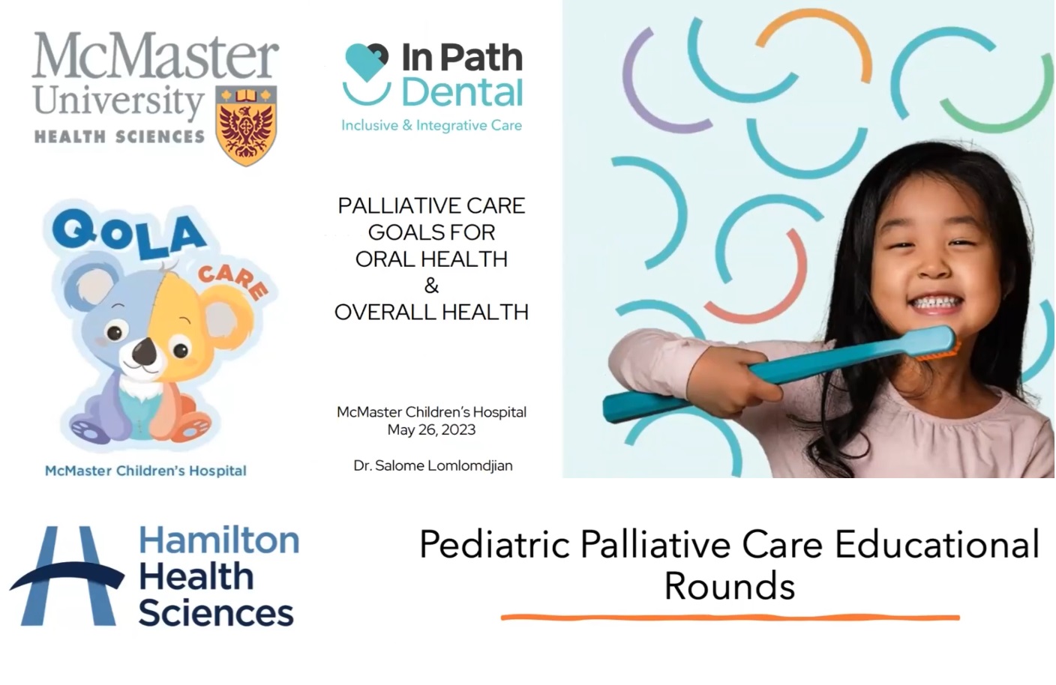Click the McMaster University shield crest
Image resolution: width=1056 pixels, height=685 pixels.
[246, 126]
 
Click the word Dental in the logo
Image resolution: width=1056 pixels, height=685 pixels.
[463, 92]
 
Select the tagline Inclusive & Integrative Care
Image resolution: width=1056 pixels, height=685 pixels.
[431, 125]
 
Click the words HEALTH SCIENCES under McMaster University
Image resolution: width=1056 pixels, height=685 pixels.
[119, 137]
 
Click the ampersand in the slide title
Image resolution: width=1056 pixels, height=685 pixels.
[431, 286]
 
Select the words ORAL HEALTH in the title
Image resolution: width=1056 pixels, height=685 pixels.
[431, 259]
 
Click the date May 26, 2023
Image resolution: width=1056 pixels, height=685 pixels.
[431, 429]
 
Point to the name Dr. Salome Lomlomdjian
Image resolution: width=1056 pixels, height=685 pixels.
[433, 465]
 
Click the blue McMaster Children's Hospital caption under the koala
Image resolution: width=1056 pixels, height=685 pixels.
[145, 471]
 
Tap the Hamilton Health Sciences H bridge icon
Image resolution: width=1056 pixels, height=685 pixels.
[67, 576]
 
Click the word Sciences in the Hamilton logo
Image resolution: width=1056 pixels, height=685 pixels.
[216, 612]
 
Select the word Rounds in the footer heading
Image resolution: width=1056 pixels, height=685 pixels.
[730, 586]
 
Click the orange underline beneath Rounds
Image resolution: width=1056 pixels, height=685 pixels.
[730, 617]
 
